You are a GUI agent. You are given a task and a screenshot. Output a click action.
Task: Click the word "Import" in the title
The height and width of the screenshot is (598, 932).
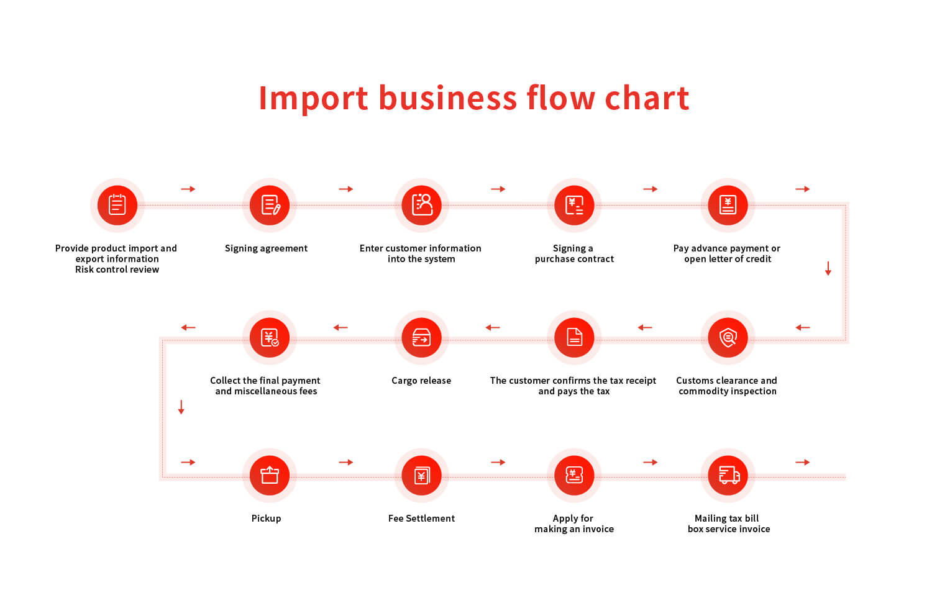[313, 99]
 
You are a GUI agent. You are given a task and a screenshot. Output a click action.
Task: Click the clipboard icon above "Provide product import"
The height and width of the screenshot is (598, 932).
[117, 205]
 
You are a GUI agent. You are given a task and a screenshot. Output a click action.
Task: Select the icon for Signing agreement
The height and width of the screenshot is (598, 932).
[270, 205]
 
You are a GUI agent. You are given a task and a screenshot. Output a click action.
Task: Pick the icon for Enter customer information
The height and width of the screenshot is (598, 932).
[421, 205]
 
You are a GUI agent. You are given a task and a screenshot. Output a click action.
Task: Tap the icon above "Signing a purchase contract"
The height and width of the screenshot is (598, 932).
[574, 205]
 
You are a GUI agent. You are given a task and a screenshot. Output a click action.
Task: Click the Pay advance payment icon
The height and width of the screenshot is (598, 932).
[728, 205]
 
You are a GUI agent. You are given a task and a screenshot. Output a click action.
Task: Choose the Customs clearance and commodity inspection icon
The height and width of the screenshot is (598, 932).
[728, 337]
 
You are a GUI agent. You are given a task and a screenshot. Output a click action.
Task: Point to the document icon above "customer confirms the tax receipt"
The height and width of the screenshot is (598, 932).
[574, 337]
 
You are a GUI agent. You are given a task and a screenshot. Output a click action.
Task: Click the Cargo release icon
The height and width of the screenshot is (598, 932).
[421, 337]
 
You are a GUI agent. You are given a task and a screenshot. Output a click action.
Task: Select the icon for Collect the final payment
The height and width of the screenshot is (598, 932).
[270, 337]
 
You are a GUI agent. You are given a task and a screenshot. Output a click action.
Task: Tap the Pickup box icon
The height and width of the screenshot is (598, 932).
[270, 475]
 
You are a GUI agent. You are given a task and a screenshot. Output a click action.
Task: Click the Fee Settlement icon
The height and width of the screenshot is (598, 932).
[421, 475]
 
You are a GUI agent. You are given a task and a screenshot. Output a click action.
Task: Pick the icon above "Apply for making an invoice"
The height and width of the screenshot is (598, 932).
[574, 475]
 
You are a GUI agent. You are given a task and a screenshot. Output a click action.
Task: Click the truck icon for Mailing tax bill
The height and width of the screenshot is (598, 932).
[728, 475]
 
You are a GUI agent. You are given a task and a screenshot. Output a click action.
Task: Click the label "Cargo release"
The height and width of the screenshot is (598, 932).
[421, 381]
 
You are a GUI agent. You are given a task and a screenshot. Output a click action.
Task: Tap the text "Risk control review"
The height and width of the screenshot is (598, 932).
[117, 270]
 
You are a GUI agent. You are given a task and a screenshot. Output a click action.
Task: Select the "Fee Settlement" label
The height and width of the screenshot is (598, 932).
[421, 518]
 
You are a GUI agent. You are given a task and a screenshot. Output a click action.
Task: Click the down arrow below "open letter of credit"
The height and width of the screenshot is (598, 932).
[828, 268]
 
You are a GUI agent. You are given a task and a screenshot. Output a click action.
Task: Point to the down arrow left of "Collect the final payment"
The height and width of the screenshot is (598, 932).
[181, 407]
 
